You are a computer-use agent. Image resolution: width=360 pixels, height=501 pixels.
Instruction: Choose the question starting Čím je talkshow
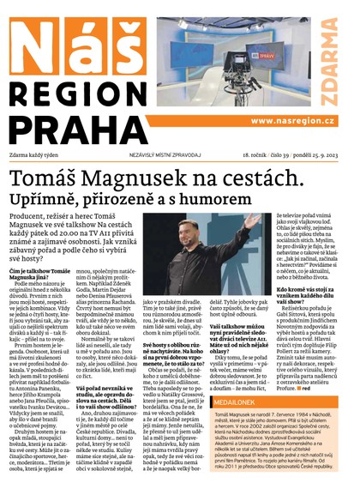tap(42, 276)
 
